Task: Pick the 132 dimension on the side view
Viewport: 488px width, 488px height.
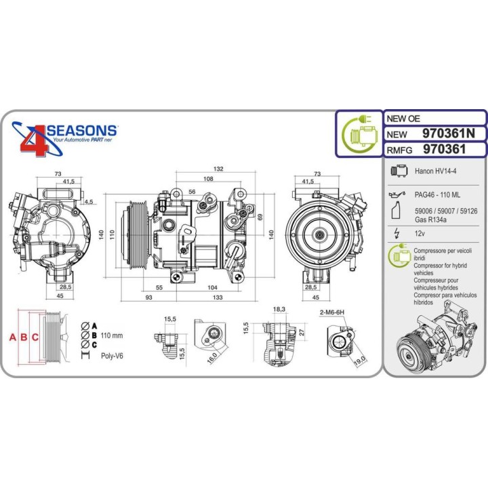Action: (x=200, y=169)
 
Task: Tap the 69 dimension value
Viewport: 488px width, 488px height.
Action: (x=260, y=216)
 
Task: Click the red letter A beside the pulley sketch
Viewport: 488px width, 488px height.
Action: (x=12, y=337)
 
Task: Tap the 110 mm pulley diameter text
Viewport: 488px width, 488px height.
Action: (x=112, y=335)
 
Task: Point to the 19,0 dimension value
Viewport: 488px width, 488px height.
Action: (x=359, y=359)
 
